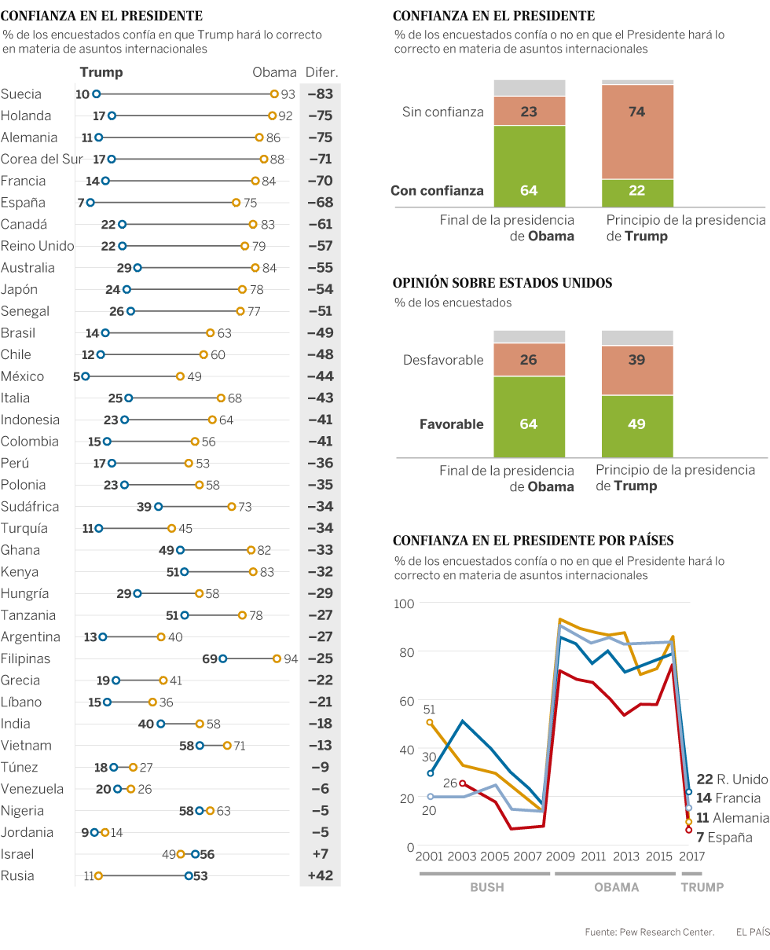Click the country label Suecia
21,94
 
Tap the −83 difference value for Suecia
320,94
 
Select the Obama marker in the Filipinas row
277,658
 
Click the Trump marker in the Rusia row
189,875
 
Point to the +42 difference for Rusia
320,875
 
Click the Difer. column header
321,72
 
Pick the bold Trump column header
101,72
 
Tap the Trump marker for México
86,376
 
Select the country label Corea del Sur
42,160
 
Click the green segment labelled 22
637,191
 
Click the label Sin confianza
443,112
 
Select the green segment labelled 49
637,425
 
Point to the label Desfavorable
443,361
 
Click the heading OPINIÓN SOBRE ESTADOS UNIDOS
502,283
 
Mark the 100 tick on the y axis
405,603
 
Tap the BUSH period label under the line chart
486,887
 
